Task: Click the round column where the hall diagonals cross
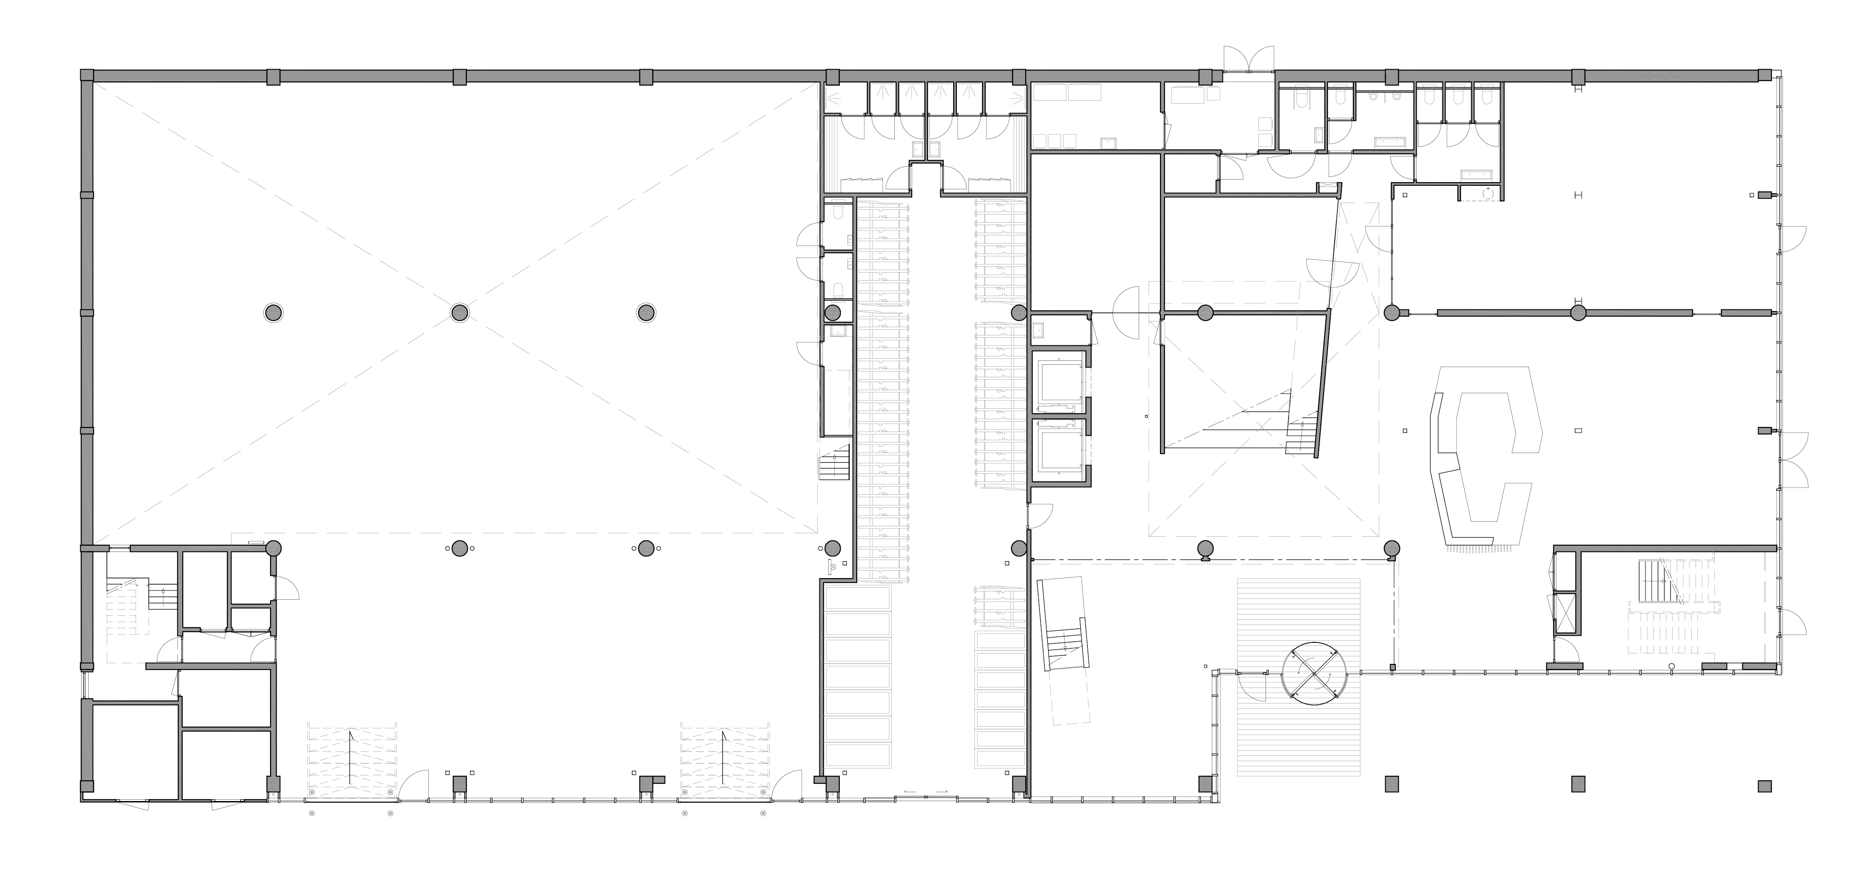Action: coord(459,312)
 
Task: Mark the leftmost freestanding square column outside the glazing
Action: coord(1391,784)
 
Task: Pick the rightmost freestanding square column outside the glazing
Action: coord(1764,786)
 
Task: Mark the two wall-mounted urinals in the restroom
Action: coord(1382,95)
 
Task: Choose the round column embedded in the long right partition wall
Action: coord(1578,312)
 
